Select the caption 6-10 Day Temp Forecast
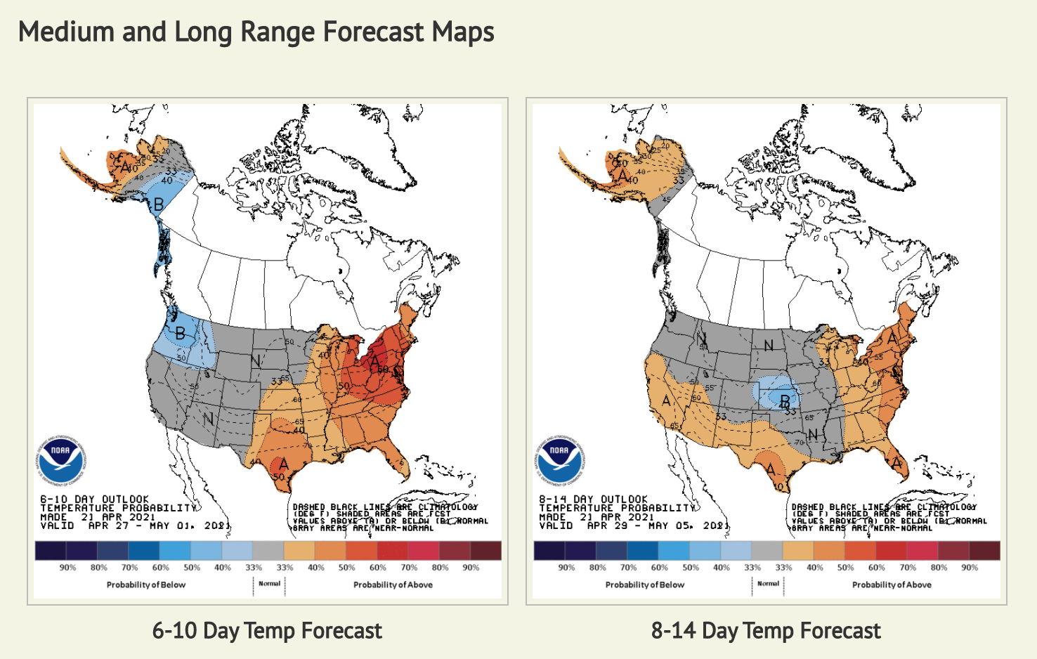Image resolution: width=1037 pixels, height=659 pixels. pos(267,630)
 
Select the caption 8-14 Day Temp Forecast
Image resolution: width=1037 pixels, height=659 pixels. pos(766,630)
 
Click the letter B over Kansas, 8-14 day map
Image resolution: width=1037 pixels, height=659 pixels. pos(785,401)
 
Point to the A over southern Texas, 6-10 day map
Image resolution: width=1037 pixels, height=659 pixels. pos(284,464)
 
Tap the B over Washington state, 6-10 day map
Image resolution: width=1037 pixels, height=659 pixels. pos(181,333)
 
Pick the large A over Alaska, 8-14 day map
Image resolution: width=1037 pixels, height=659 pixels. pos(622,176)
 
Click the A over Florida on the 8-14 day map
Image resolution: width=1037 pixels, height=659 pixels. pos(896,463)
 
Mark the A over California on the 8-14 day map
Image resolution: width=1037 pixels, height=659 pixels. pos(666,401)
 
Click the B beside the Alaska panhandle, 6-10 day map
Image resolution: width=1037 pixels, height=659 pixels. pos(159,204)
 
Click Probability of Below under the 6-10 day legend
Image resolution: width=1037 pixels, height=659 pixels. pos(146,585)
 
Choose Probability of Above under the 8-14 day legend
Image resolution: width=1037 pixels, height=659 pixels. pos(892,585)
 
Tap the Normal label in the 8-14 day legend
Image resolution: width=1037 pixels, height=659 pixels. pos(768,583)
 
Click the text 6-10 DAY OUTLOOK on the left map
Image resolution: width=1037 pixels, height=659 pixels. pos(94,499)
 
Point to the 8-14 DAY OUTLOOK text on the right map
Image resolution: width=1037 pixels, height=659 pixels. pos(593,499)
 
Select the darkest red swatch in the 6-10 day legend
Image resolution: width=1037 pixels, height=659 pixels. pos(486,550)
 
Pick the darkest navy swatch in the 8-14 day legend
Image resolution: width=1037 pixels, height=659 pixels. pos(549,550)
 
